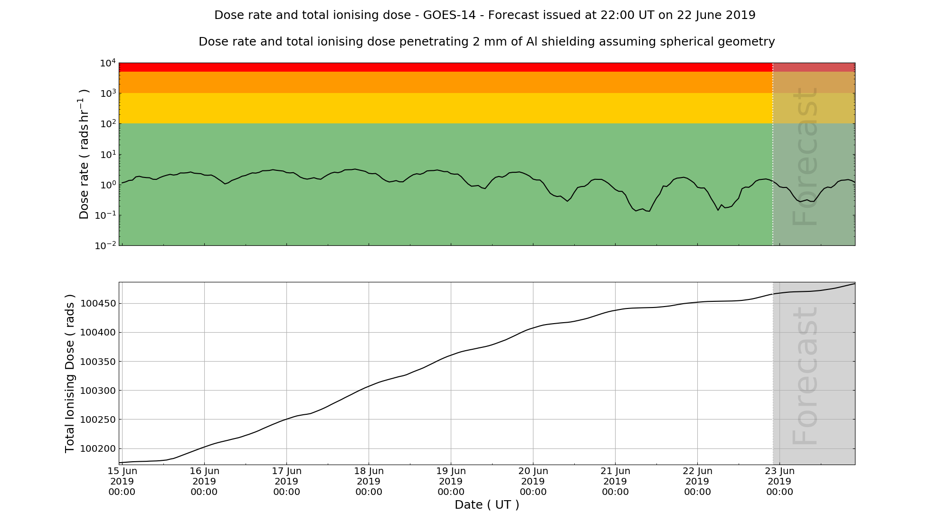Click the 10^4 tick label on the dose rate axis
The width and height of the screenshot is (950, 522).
click(107, 64)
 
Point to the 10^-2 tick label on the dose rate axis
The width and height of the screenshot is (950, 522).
click(105, 246)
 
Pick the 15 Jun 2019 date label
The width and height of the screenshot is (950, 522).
click(122, 481)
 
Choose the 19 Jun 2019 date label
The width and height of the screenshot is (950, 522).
click(451, 481)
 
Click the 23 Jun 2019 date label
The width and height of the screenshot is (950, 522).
click(779, 481)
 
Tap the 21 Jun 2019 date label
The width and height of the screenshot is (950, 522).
click(615, 481)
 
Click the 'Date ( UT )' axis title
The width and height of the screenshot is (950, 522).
click(487, 505)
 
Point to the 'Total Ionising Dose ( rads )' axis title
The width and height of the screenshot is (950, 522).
click(70, 373)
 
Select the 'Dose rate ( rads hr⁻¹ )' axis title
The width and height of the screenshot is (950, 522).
click(84, 154)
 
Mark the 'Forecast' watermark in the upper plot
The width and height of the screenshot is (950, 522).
click(806, 157)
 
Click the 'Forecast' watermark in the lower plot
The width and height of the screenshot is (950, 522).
click(806, 376)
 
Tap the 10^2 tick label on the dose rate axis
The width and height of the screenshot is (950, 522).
click(107, 124)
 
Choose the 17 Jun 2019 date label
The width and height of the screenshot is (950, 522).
click(286, 481)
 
